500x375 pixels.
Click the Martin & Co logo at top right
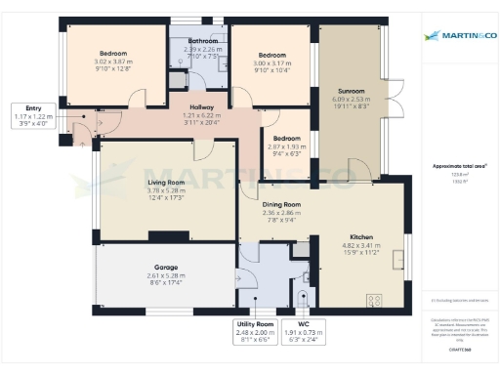[458, 36]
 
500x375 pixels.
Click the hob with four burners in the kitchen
[373, 299]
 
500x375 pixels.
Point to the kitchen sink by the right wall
[398, 259]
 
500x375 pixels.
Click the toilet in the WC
[305, 297]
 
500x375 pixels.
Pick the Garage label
[166, 267]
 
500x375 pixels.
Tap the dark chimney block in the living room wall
[163, 234]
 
